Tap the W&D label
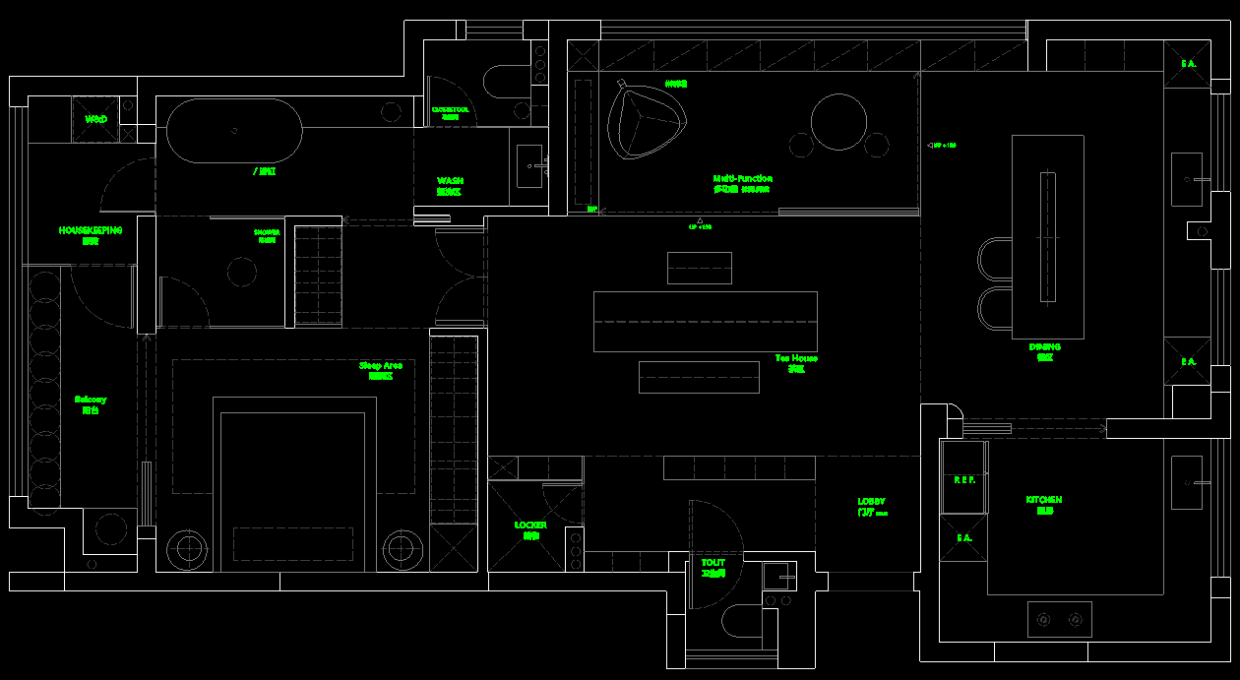click(x=95, y=119)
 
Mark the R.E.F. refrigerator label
click(x=964, y=480)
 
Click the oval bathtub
click(x=234, y=131)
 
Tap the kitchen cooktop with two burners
click(x=1059, y=619)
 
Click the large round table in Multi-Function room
click(x=838, y=121)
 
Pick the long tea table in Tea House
click(x=705, y=321)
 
